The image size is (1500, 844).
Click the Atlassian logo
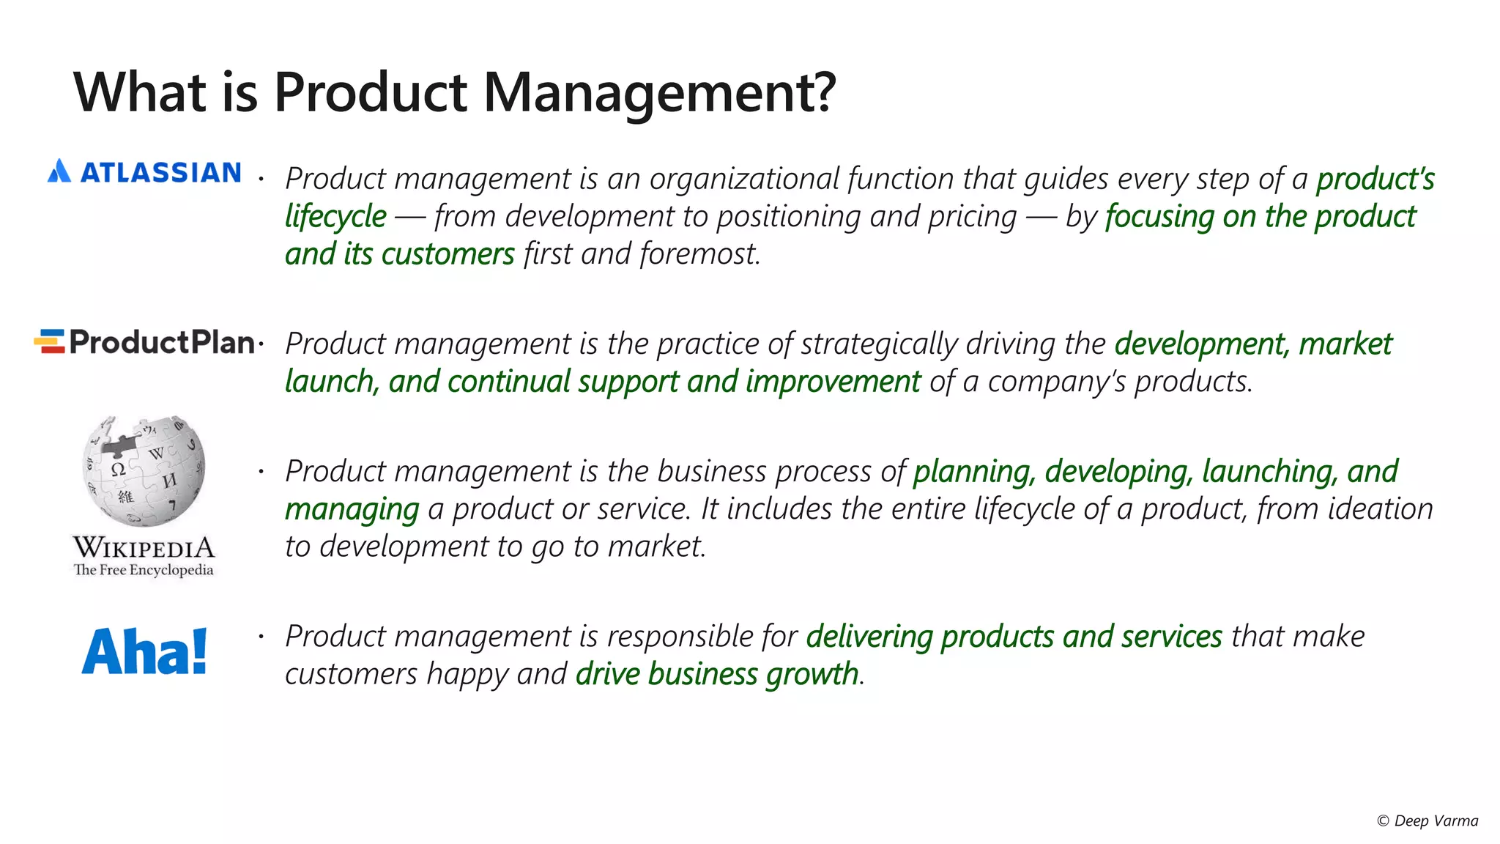[x=144, y=172]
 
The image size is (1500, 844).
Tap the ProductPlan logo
[x=144, y=342]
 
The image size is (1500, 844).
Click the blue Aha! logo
[x=144, y=651]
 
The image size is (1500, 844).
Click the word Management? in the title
[x=658, y=93]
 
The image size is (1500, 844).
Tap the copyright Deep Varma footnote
[x=1427, y=821]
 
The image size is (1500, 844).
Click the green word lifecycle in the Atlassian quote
[x=335, y=217]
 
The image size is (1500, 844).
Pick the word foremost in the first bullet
[x=699, y=254]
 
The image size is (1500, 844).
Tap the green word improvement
[x=833, y=382]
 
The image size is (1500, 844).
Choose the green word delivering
[x=869, y=637]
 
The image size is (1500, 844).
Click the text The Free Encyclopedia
[x=144, y=570]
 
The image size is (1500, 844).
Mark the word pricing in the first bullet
[x=972, y=217]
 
